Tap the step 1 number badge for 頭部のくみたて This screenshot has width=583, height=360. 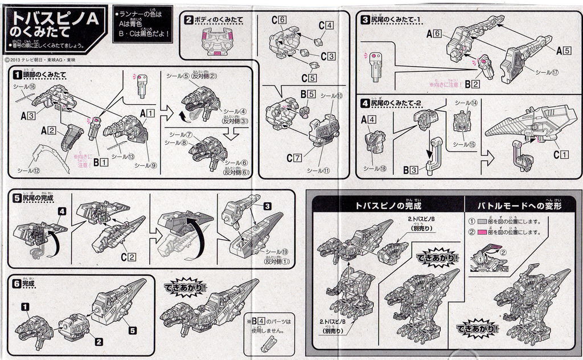[18, 75]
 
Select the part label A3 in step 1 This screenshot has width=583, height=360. [28, 116]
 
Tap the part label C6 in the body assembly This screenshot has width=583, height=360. [278, 20]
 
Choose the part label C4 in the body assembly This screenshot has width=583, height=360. [326, 25]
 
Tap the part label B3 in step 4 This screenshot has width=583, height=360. [411, 170]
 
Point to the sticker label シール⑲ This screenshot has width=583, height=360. [277, 252]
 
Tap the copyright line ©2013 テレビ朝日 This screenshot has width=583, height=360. [46, 58]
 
